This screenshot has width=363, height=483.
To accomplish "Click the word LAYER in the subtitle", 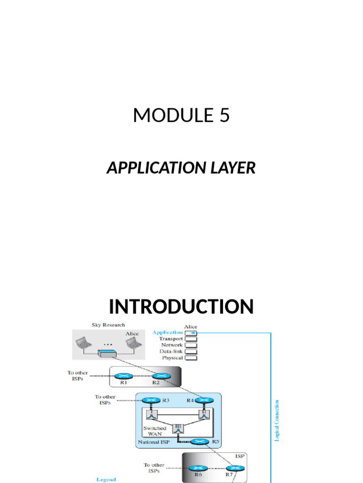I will coord(234,167).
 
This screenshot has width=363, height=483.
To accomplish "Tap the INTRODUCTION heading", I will coord(181,307).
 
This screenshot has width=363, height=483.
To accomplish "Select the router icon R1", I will coord(124,376).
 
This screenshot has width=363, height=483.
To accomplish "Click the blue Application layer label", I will coord(167,333).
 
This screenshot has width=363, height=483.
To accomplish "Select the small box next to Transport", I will coord(191,339).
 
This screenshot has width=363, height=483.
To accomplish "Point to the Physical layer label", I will coord(172,358).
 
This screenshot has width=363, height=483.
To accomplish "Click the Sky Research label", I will coord(108,325).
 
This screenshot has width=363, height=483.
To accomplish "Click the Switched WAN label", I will coord(155,431).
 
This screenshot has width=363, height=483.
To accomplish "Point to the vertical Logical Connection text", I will coord(277,421).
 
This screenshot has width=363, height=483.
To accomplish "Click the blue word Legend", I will coord(106,479).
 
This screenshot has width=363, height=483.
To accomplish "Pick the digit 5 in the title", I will coord(224,115).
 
